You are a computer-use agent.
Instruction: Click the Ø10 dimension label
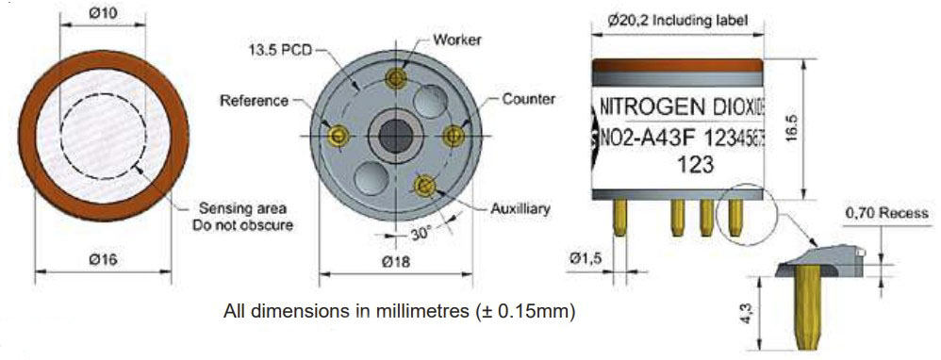point(103,12)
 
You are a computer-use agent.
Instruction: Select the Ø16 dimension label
point(103,260)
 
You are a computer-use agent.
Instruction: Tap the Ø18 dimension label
point(395,262)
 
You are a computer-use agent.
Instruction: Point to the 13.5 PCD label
point(280,50)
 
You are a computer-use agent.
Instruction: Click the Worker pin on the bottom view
point(395,78)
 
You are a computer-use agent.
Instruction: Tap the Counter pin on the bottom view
point(454,136)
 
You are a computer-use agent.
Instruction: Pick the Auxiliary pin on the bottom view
point(425,185)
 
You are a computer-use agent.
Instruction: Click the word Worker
point(456,41)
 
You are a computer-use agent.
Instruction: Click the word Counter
point(529,99)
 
